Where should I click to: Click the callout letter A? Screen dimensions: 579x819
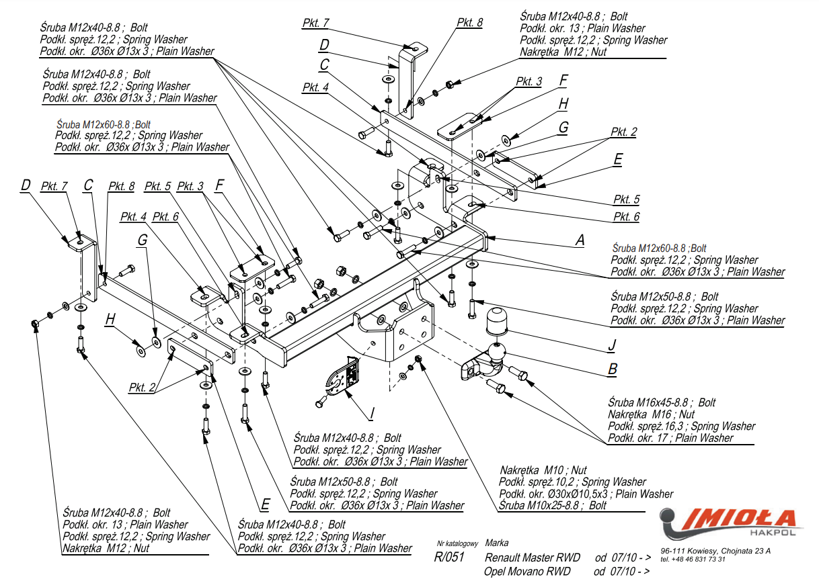(579, 240)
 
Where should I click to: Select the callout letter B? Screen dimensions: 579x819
(613, 369)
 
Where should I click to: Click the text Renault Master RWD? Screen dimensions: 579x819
(532, 558)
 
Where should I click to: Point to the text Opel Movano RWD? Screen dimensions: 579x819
(526, 572)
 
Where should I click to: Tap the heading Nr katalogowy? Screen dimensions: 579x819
(457, 543)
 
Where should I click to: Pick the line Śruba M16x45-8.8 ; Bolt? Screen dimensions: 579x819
(662, 403)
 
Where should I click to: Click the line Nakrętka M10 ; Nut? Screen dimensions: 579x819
(543, 470)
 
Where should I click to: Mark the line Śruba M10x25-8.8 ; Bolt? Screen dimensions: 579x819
(553, 506)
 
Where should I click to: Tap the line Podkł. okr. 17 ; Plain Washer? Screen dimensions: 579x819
(670, 438)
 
